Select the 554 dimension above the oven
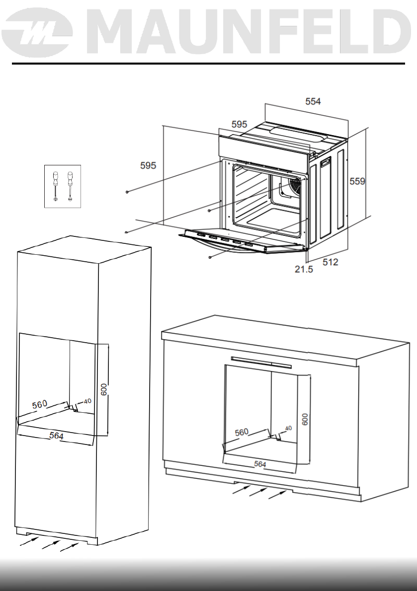click(x=313, y=101)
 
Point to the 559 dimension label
click(x=357, y=182)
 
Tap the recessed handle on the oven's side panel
click(x=326, y=162)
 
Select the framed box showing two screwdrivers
click(x=62, y=186)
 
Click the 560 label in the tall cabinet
click(x=40, y=404)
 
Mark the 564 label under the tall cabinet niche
click(x=56, y=436)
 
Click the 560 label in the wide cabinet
click(x=241, y=432)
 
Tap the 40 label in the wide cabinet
click(x=288, y=428)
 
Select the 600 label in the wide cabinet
click(x=305, y=419)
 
